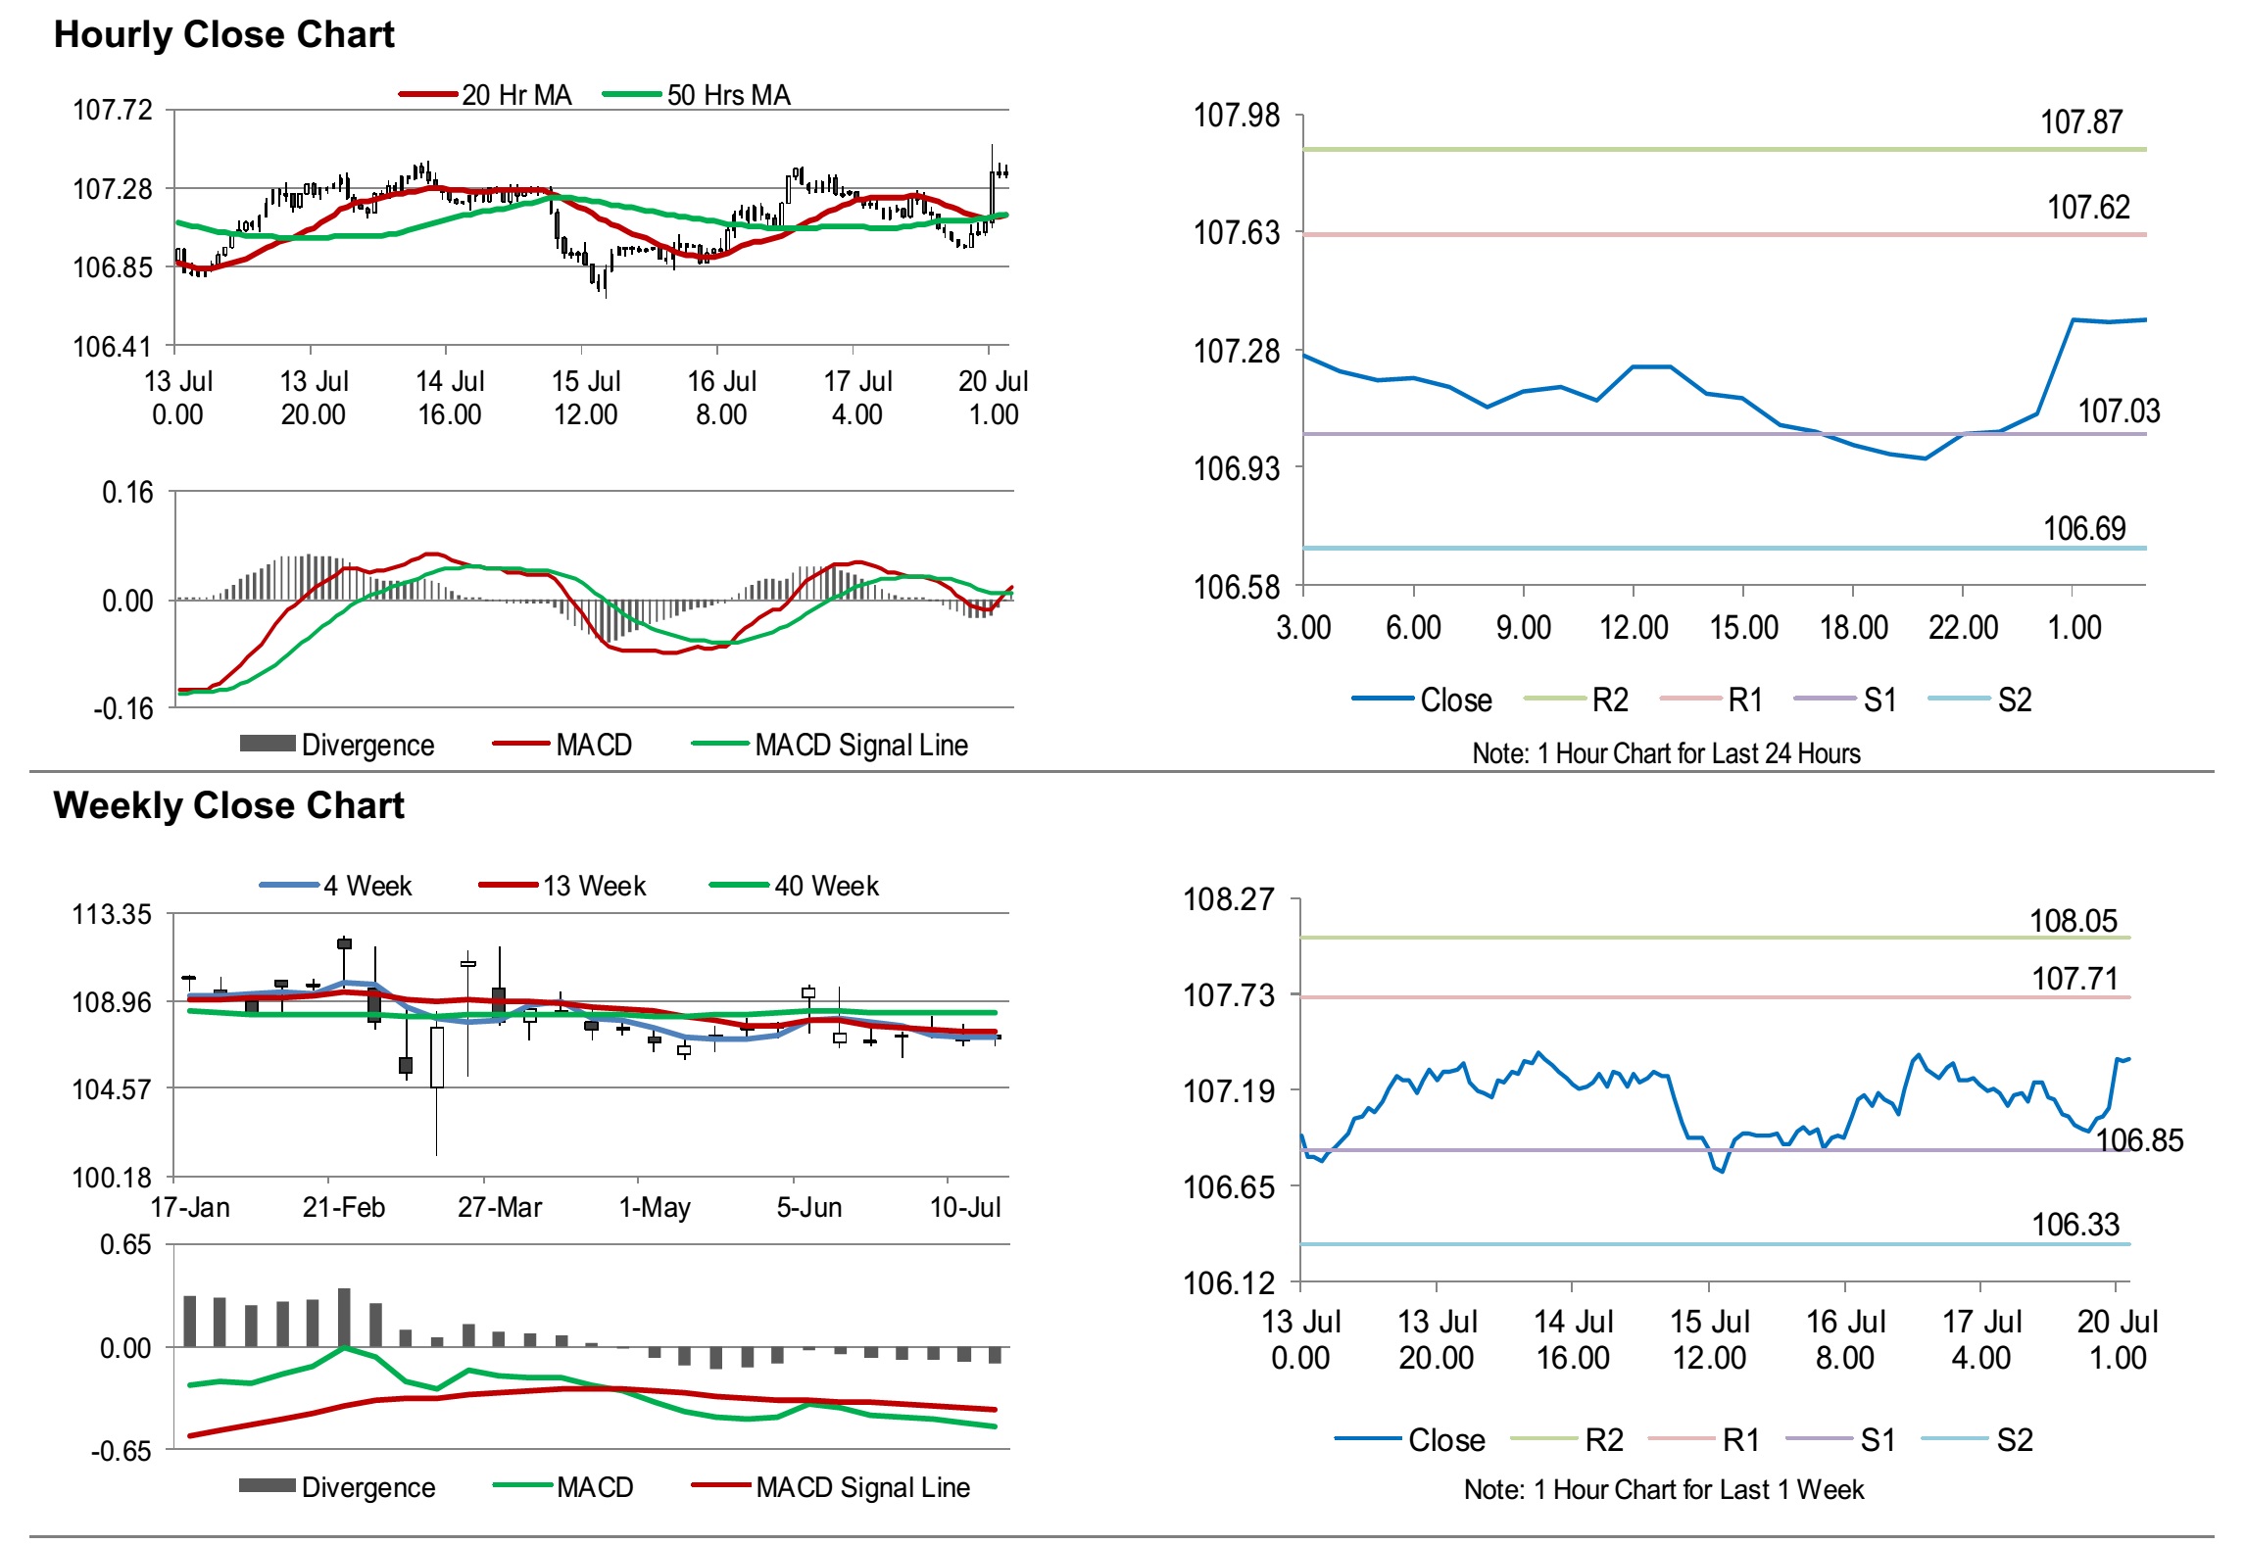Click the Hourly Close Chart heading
tap(223, 34)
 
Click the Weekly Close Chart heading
tap(228, 805)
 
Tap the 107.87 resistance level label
tap(2080, 122)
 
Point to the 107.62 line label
tap(2087, 208)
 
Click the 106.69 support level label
tap(2083, 529)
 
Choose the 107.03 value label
tap(2118, 411)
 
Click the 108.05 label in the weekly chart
tap(2073, 921)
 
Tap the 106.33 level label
tap(2074, 1225)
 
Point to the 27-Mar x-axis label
tap(500, 1207)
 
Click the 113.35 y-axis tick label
tap(113, 914)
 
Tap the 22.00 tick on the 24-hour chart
tap(1963, 627)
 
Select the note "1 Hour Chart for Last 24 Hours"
tap(1666, 753)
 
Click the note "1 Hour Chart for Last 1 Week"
tap(1663, 1489)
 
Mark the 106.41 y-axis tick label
tap(113, 347)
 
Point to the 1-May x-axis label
tap(655, 1207)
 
